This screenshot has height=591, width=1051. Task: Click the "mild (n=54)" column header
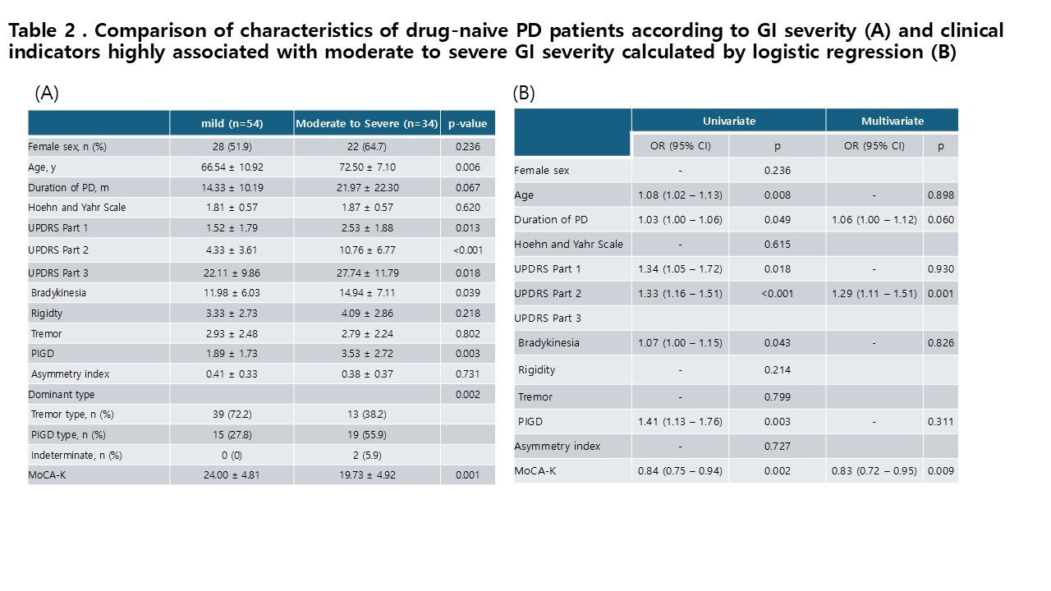point(232,123)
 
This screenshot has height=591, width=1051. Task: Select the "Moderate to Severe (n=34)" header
point(367,123)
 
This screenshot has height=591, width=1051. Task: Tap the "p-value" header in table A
point(467,123)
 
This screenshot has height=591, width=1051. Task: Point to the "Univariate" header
point(728,121)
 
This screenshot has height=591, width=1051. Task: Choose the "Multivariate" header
point(893,121)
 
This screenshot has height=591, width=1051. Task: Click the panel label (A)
point(47,94)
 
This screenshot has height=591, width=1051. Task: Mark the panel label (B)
point(524,94)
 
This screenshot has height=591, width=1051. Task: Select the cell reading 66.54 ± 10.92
point(232,167)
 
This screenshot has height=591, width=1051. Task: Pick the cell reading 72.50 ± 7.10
point(367,167)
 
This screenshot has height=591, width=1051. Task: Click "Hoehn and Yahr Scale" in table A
point(77,208)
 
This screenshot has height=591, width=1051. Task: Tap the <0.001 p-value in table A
point(468,250)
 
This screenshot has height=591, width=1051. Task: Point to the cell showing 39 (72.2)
point(232,415)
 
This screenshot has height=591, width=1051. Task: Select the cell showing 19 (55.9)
point(367,435)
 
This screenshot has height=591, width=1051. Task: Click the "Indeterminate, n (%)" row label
point(76,456)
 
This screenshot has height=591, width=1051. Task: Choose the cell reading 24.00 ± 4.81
point(232,475)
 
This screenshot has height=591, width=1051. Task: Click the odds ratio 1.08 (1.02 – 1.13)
point(680,195)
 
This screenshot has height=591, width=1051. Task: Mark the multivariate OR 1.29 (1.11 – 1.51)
point(874,294)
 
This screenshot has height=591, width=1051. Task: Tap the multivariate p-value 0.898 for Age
point(941,195)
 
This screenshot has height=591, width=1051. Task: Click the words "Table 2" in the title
point(42,30)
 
